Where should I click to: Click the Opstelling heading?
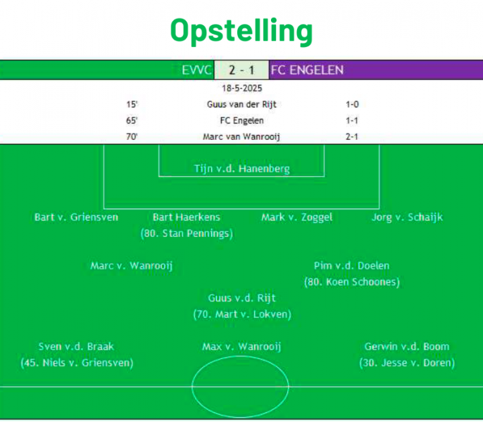click(x=241, y=31)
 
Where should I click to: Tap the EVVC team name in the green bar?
click(x=196, y=70)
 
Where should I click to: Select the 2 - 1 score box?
click(x=241, y=70)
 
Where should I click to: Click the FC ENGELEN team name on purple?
click(x=307, y=70)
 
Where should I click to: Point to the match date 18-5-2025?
click(x=241, y=89)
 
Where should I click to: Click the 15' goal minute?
click(x=132, y=104)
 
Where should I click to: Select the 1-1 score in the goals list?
click(x=352, y=120)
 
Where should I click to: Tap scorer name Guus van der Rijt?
click(x=241, y=105)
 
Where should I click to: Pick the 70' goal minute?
click(x=132, y=136)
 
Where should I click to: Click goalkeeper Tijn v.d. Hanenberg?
click(x=241, y=169)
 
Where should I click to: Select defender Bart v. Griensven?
click(x=76, y=217)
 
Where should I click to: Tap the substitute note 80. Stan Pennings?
click(x=187, y=234)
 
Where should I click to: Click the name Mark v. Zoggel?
click(x=297, y=217)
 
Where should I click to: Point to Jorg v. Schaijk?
click(x=407, y=217)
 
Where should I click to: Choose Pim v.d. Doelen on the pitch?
click(x=352, y=266)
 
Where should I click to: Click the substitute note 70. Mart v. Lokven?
click(x=242, y=314)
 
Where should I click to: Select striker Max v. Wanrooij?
click(x=241, y=347)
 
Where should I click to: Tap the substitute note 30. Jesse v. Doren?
click(x=407, y=363)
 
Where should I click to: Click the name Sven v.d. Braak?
click(x=76, y=347)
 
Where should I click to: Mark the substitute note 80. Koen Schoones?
click(x=352, y=282)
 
